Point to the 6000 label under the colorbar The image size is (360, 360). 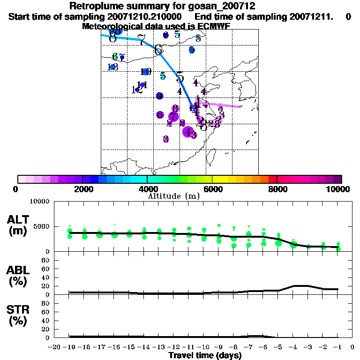tap(212, 189)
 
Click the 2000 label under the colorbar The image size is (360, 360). tap(82, 189)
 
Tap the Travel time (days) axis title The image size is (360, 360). tap(205, 356)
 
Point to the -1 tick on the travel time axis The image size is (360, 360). tap(338, 347)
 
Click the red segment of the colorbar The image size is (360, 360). tap(273, 179)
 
